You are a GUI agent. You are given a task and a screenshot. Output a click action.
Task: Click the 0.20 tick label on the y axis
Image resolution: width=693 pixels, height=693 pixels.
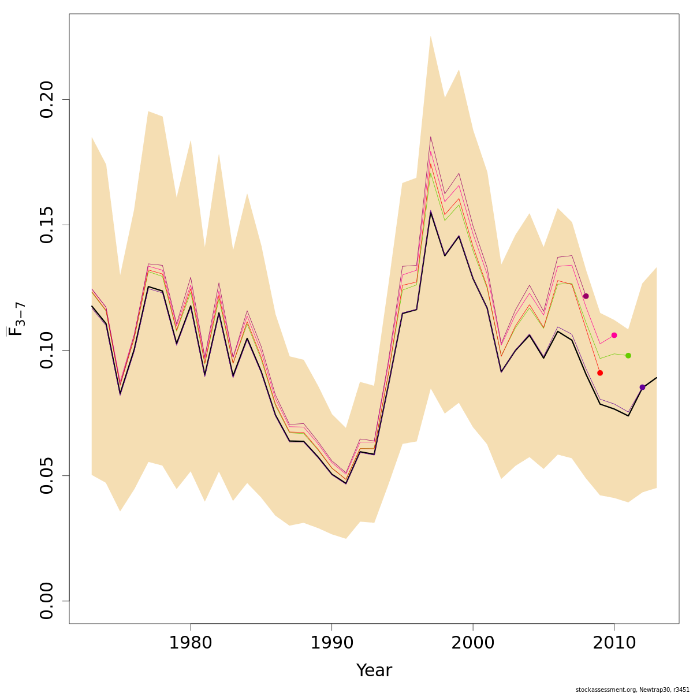click(x=46, y=99)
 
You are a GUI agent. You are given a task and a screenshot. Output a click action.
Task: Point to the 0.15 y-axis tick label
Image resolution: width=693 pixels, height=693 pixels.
click(x=46, y=225)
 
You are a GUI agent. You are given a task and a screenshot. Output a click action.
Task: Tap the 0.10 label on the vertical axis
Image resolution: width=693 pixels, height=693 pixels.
click(x=46, y=350)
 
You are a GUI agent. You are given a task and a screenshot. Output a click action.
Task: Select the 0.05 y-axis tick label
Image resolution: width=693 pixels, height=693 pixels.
click(x=46, y=475)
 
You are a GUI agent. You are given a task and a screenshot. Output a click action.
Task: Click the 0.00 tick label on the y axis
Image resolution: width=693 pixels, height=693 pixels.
click(x=46, y=601)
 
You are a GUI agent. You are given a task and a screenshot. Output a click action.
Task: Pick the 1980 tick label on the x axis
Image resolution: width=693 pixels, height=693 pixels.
click(x=191, y=643)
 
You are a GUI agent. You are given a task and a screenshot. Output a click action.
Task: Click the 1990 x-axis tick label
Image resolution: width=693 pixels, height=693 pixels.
click(x=331, y=643)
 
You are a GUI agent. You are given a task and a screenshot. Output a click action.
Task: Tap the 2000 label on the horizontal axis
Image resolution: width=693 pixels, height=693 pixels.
click(x=473, y=643)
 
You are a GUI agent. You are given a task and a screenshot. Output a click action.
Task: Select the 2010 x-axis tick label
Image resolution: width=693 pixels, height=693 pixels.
click(x=614, y=643)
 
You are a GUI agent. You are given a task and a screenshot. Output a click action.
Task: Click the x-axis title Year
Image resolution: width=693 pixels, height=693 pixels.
click(x=374, y=670)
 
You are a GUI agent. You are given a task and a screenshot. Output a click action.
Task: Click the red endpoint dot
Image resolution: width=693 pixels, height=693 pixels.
click(x=600, y=373)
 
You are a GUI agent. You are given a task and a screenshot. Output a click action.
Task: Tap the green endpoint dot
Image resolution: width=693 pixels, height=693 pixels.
click(x=628, y=356)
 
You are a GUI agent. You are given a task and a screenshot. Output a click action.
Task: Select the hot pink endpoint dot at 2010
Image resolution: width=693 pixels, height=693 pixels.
click(x=614, y=336)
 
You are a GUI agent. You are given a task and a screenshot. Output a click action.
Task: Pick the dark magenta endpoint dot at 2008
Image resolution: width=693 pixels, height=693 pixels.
click(x=586, y=296)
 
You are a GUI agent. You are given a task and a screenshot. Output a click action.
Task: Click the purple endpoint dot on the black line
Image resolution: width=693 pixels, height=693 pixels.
click(x=642, y=388)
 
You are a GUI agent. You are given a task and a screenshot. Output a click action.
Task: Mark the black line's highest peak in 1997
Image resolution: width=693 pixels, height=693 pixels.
click(x=431, y=212)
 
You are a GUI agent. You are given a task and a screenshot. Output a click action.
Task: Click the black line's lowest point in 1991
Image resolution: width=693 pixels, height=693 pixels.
click(x=346, y=483)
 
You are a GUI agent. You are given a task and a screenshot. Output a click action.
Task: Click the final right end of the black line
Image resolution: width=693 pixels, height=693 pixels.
click(x=657, y=378)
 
